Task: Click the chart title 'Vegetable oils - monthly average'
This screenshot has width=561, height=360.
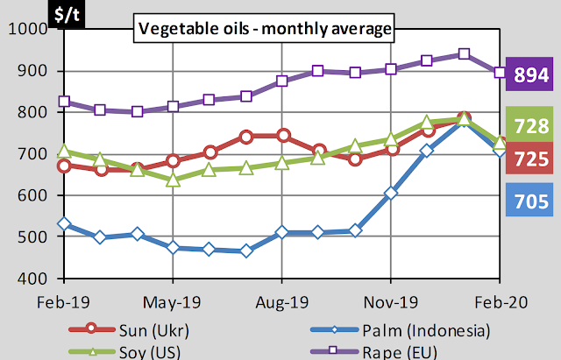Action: pyautogui.click(x=264, y=30)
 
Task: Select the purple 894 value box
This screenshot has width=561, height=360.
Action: pyautogui.click(x=530, y=76)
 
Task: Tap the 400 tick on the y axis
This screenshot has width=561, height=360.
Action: pyautogui.click(x=33, y=279)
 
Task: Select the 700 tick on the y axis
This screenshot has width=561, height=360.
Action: pyautogui.click(x=33, y=154)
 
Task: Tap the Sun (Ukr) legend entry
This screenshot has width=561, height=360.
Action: pyautogui.click(x=131, y=331)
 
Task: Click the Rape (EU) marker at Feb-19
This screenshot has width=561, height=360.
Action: pyautogui.click(x=63, y=102)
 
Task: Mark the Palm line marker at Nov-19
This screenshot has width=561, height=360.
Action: pyautogui.click(x=391, y=193)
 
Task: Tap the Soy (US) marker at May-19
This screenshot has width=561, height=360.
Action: pyautogui.click(x=173, y=180)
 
